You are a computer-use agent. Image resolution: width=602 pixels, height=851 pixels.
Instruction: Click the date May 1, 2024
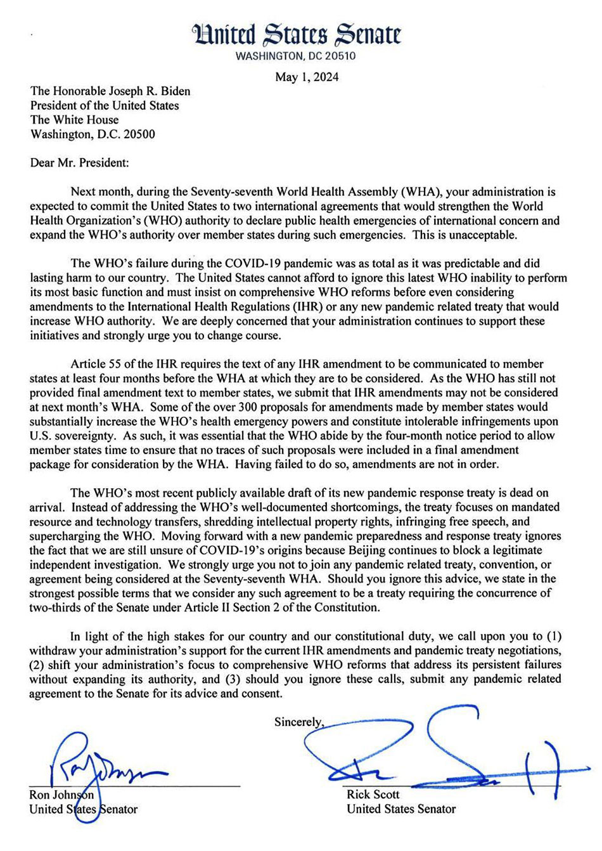tap(307, 77)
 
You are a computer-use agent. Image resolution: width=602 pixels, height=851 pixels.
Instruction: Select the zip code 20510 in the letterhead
tap(342, 56)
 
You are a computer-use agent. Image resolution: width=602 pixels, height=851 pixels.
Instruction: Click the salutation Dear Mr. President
tap(79, 162)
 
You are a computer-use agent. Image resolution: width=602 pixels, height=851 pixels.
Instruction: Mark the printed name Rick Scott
tap(373, 795)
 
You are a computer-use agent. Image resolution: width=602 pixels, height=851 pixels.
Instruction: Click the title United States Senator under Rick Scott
tap(400, 809)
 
